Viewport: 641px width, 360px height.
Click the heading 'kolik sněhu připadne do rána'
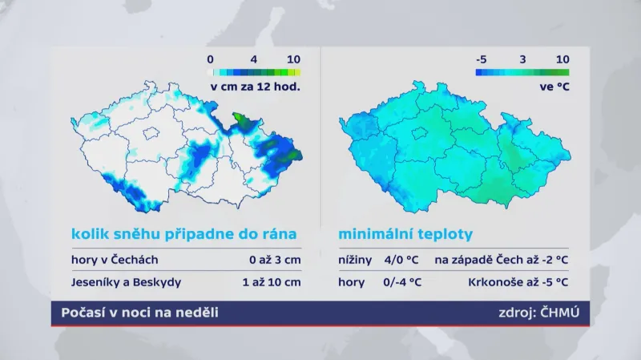183,235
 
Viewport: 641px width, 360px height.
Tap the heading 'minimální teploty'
405,235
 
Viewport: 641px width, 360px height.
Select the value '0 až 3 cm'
275,259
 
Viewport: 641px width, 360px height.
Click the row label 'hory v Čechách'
115,259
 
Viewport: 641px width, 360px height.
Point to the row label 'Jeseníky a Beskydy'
126,282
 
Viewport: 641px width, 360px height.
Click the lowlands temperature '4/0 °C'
401,259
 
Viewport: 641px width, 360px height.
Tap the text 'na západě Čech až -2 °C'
502,259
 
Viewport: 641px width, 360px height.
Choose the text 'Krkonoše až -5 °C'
518,282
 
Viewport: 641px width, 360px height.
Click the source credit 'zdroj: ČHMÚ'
538,313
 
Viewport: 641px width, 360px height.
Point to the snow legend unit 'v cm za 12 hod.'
255,86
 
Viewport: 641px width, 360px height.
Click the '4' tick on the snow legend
254,59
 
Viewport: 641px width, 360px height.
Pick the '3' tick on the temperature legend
522,59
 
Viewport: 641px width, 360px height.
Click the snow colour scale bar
255,72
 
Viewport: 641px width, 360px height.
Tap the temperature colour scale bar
522,72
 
